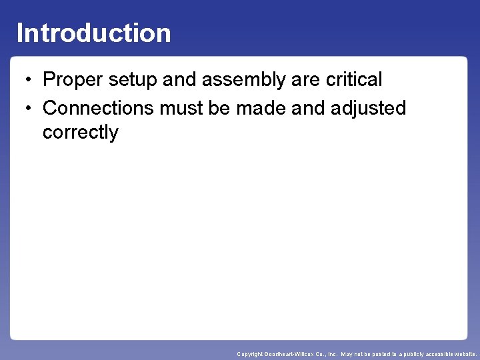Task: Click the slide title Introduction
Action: click(x=93, y=33)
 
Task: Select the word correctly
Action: click(x=80, y=133)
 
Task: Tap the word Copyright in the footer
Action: click(x=251, y=354)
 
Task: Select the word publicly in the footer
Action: click(x=409, y=354)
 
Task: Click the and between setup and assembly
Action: click(x=179, y=80)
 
